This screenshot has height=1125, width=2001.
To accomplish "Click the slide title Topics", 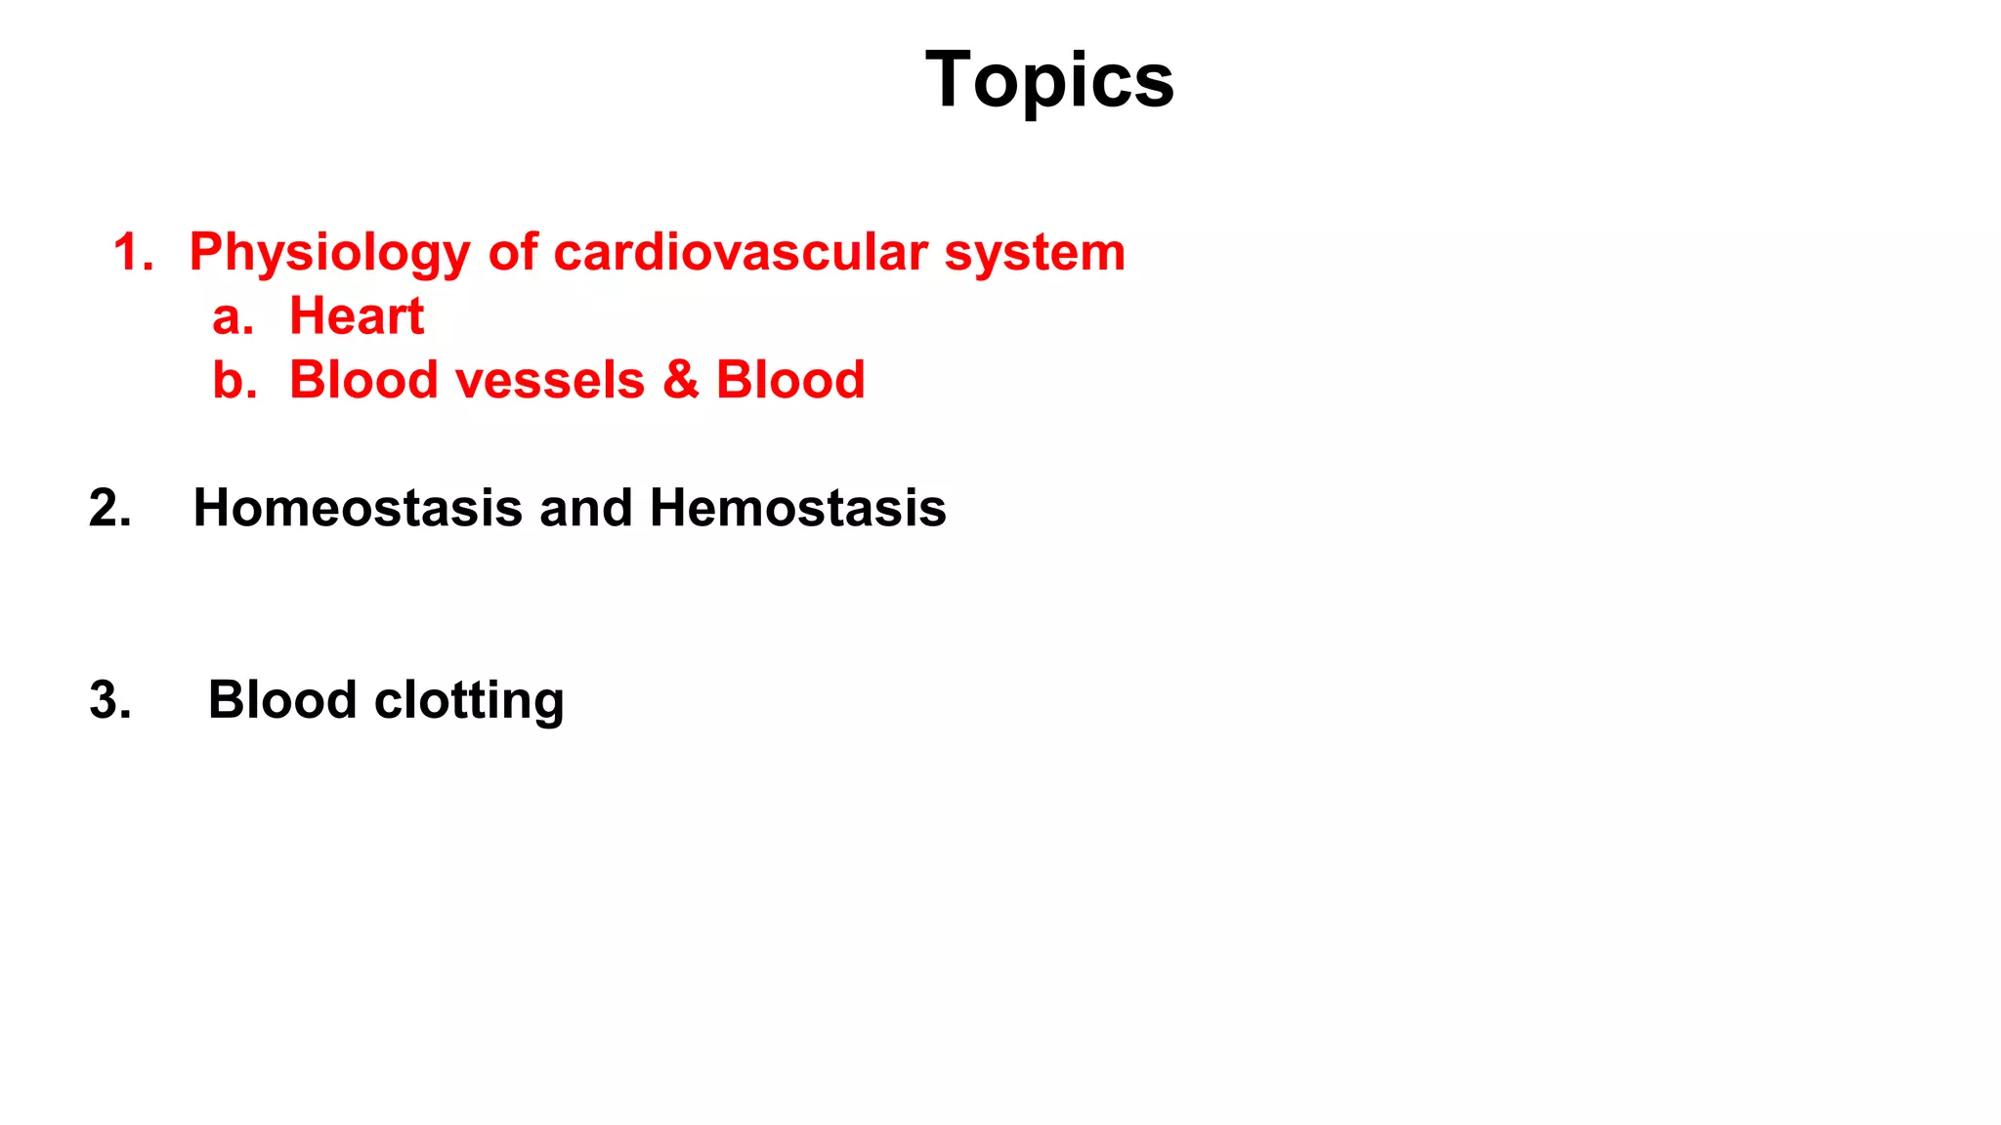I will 1049,80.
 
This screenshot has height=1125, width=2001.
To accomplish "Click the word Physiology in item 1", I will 329,253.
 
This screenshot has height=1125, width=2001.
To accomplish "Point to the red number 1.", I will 133,252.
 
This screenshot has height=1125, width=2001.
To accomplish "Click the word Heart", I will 357,316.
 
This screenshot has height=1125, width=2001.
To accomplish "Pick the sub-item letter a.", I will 233,317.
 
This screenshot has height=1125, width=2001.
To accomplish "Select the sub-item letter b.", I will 234,380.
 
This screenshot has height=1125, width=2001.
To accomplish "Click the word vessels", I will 551,380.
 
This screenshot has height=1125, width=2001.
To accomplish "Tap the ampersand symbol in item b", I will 680,380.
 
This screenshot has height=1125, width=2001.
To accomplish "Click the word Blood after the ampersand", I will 790,380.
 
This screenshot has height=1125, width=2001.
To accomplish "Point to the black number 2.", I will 109,509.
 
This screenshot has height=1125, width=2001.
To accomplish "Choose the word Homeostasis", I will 358,509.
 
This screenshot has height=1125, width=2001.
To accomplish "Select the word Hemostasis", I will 797,509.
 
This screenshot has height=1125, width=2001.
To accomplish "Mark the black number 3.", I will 109,700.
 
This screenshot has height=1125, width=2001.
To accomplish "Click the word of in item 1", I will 513,252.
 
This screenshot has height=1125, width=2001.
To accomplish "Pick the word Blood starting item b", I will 363,380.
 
